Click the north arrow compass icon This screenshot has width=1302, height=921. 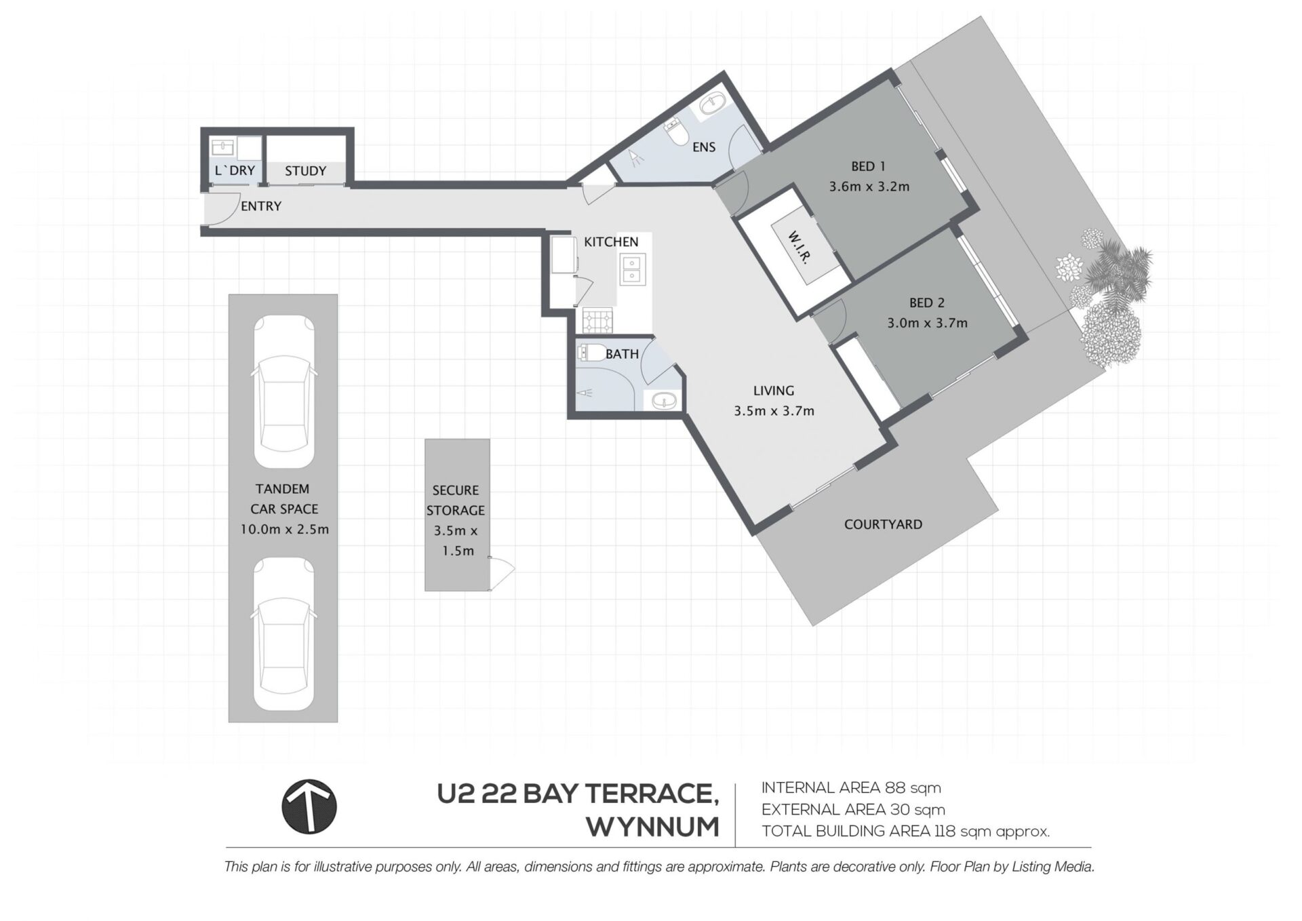(x=309, y=806)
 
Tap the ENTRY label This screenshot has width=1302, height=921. (x=261, y=206)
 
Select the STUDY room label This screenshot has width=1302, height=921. (x=305, y=171)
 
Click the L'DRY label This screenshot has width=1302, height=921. (x=235, y=170)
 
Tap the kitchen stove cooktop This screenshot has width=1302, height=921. (x=597, y=319)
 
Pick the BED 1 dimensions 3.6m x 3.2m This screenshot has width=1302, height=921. (x=869, y=187)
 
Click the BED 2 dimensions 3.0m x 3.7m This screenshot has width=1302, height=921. (x=927, y=324)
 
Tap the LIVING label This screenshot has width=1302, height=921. (x=773, y=391)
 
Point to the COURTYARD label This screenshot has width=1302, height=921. (x=883, y=524)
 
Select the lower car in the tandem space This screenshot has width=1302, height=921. (x=284, y=634)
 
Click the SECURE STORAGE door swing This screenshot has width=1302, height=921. (x=502, y=572)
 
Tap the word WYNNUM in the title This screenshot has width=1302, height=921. (x=652, y=827)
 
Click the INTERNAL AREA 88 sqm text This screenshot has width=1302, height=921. (x=851, y=788)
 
